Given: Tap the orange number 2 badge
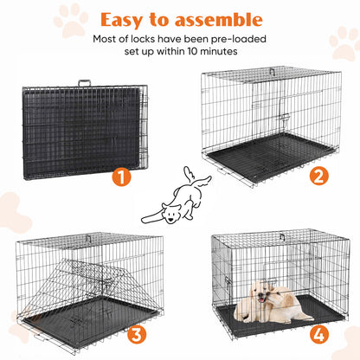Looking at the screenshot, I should click(320, 177).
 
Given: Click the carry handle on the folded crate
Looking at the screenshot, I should click(86, 83).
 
